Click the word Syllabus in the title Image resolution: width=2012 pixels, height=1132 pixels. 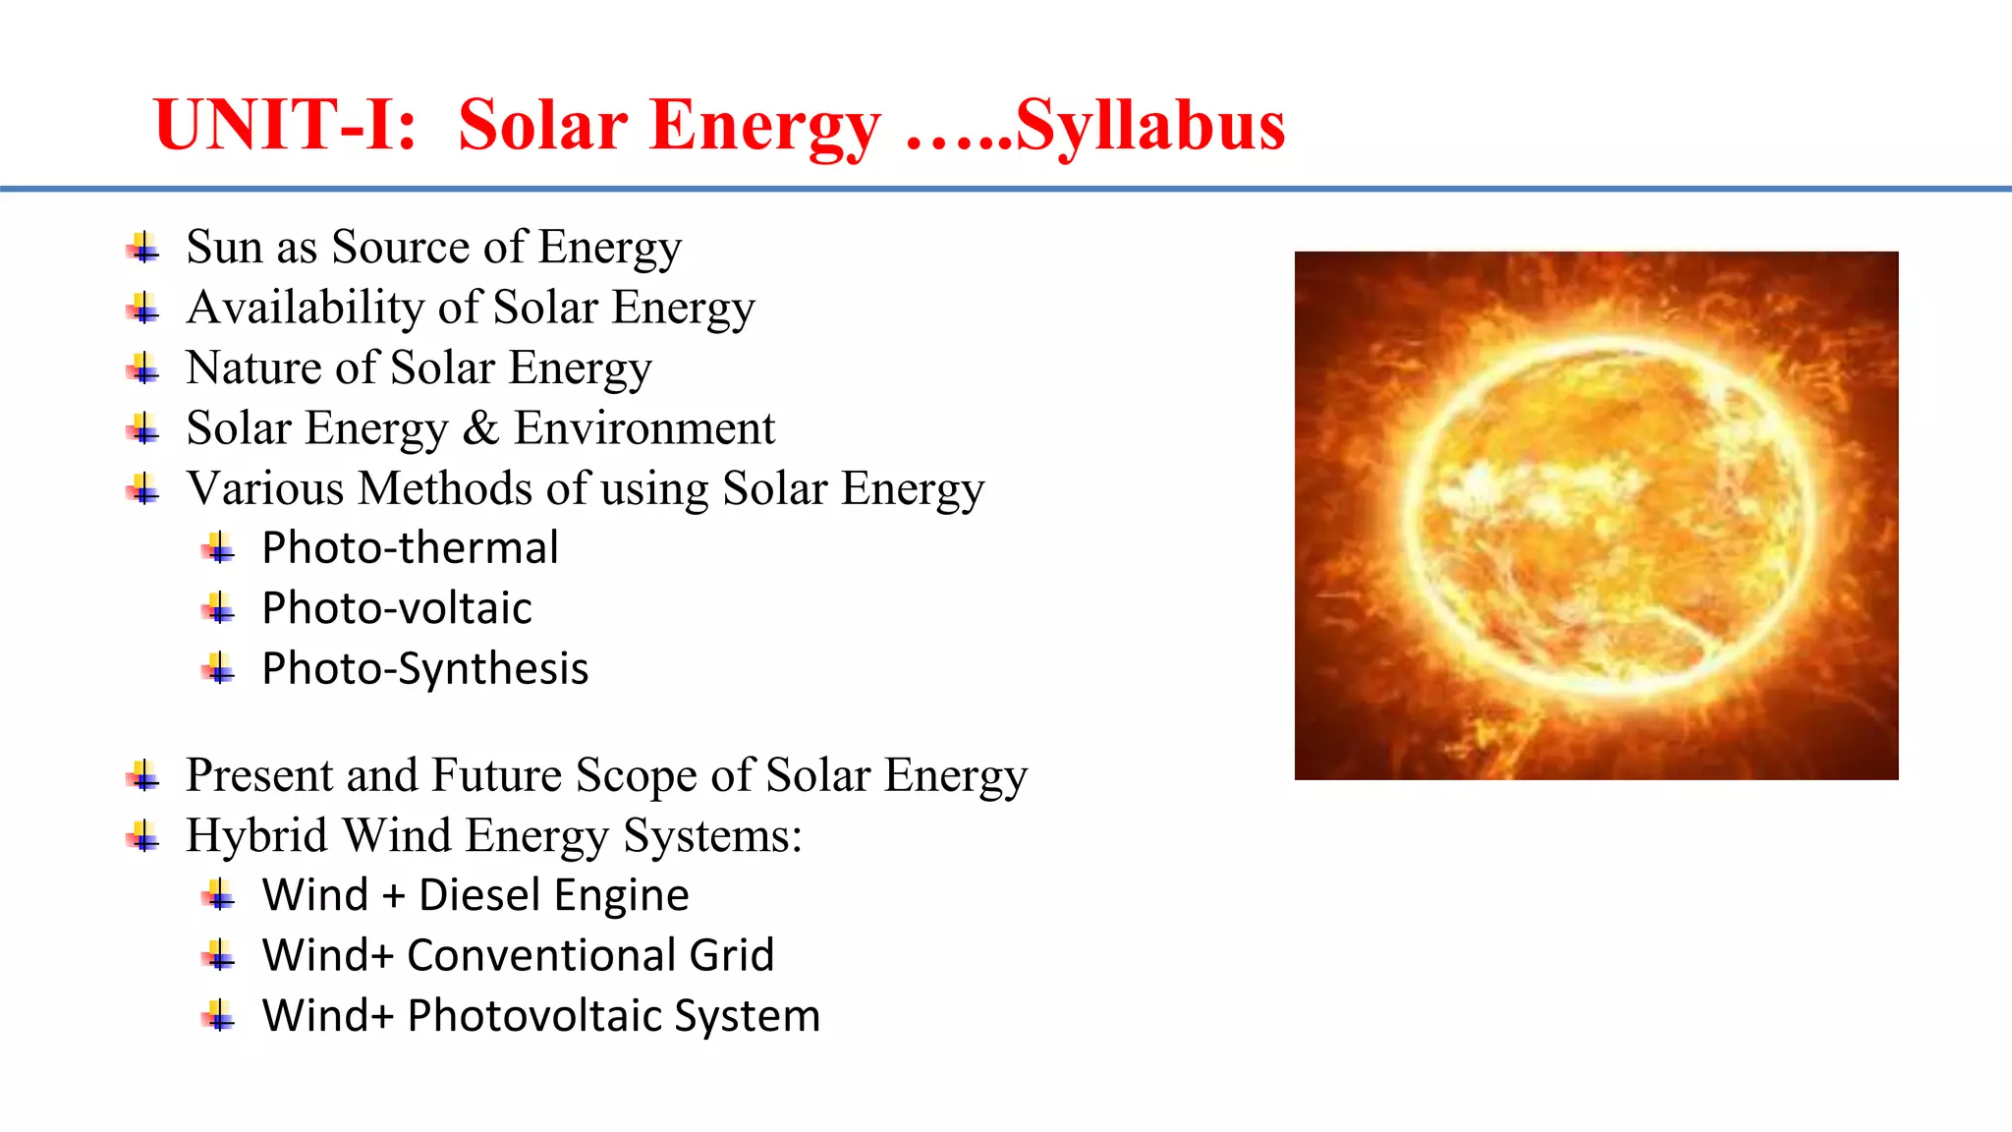tap(1149, 126)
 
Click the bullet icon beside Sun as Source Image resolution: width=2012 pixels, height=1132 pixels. tap(143, 248)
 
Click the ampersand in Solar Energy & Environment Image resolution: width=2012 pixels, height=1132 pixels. tap(480, 428)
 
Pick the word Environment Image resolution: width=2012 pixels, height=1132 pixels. tap(644, 428)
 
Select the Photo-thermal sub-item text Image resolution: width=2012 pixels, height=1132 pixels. tap(410, 547)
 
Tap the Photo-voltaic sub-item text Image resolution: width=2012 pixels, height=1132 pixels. tap(397, 608)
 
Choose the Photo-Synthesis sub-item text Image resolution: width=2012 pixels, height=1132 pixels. tap(424, 669)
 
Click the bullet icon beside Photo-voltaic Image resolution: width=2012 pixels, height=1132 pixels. tap(219, 609)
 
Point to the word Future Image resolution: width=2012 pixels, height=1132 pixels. tap(497, 775)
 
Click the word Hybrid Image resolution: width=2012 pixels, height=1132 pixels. tap(256, 836)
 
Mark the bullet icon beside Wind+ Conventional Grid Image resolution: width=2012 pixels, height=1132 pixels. tap(219, 956)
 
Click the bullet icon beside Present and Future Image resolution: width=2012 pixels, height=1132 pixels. tap(143, 776)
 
